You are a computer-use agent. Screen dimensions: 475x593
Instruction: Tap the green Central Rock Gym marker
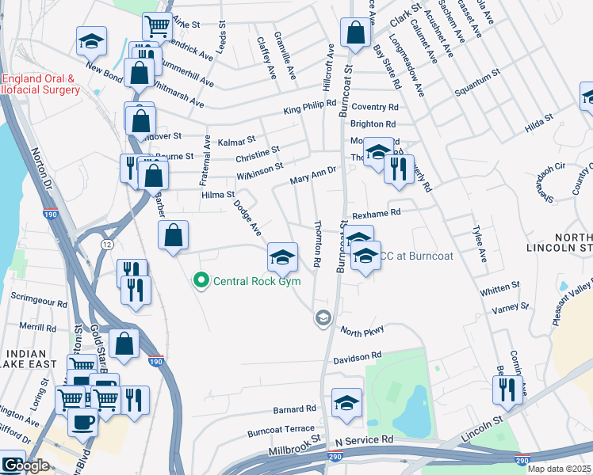tap(201, 280)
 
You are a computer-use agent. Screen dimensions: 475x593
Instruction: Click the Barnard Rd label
tap(294, 409)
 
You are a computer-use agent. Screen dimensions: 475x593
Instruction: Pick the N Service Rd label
tap(364, 439)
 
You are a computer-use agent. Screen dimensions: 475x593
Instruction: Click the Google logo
tap(25, 466)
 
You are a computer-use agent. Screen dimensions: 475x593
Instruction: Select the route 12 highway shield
tap(106, 244)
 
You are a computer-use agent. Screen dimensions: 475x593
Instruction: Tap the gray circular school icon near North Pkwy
tap(323, 318)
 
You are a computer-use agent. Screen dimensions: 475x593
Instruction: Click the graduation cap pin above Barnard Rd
tap(346, 403)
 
